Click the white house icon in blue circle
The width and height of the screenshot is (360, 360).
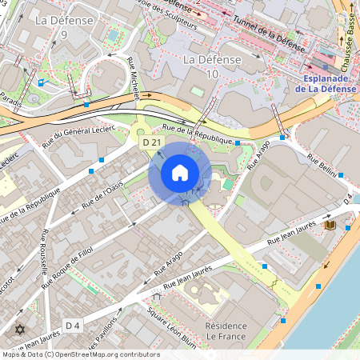click(x=180, y=173)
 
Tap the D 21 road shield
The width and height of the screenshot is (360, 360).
click(x=149, y=142)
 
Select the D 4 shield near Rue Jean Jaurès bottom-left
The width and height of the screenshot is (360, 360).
click(x=73, y=325)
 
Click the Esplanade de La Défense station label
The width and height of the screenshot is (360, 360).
click(x=330, y=83)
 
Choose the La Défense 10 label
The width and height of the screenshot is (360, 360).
click(x=211, y=67)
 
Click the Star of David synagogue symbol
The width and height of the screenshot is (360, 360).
click(x=20, y=329)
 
